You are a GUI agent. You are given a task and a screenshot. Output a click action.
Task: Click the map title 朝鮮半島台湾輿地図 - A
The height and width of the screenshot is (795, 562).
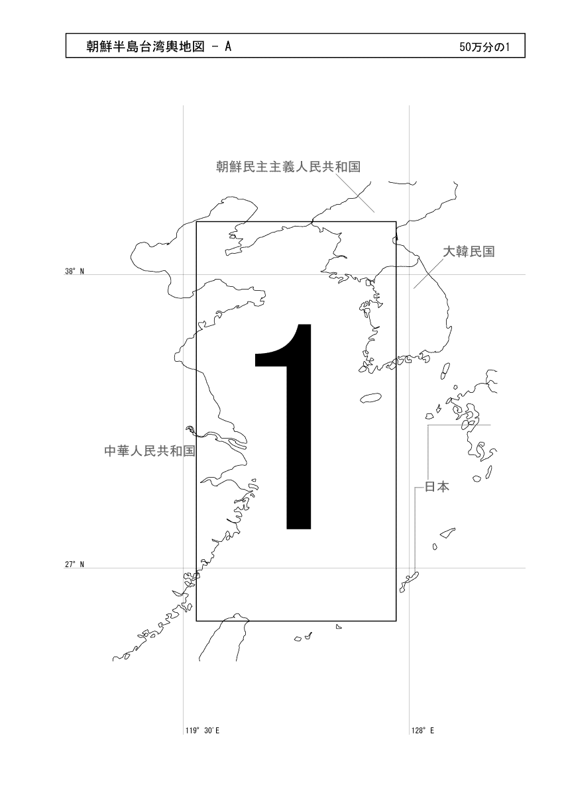coord(159,46)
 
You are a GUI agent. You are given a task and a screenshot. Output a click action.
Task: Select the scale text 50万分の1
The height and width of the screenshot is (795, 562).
coord(484,47)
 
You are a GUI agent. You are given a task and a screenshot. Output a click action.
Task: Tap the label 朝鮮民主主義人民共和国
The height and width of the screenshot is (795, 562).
coord(288,166)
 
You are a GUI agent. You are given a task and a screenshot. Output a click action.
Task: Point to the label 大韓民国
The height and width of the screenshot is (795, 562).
coord(469,252)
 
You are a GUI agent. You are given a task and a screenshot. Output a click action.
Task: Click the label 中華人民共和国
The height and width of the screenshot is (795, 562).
coord(150,450)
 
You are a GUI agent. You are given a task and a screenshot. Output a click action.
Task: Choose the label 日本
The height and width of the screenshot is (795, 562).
coord(437,486)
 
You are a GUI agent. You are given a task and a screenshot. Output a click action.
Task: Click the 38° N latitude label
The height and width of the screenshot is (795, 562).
coord(74,272)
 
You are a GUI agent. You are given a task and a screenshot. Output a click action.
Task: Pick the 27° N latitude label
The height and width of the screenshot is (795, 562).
coord(74,564)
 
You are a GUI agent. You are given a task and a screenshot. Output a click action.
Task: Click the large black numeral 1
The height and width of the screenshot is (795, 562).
coord(283,426)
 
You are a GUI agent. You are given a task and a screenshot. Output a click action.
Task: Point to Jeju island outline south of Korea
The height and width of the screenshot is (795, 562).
coord(370,398)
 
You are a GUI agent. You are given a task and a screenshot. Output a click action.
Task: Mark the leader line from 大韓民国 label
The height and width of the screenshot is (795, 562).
coord(429,273)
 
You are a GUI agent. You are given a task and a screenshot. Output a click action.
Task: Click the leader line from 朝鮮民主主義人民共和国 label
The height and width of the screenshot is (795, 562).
coord(355,193)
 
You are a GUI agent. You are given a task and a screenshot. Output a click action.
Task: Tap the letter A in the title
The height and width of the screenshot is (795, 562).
coord(227,46)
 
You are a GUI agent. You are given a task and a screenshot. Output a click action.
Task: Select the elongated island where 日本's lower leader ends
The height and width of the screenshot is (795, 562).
coord(409,582)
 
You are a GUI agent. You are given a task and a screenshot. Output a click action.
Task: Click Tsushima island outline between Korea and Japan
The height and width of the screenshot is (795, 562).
coord(445,371)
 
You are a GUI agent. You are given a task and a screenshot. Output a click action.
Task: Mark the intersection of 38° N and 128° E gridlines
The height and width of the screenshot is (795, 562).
coord(409,274)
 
